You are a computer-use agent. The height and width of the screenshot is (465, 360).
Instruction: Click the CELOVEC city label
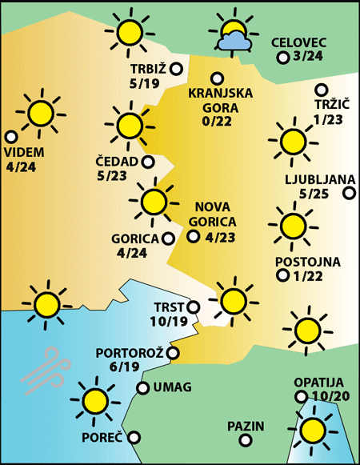299,42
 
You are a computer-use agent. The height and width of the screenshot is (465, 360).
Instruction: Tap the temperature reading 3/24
308,57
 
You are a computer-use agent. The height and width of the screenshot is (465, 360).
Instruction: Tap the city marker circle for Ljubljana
349,193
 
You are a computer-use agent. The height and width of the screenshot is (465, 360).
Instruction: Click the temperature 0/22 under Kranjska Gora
218,121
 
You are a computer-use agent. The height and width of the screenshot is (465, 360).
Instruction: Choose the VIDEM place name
24,153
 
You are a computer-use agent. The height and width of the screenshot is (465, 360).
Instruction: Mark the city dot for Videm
11,136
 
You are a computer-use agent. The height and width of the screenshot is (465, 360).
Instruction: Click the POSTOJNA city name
307,262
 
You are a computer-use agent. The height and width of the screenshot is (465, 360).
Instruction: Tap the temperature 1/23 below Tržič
329,119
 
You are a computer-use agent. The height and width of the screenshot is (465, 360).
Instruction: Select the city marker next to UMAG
142,388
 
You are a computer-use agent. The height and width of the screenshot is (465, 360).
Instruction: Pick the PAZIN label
245,427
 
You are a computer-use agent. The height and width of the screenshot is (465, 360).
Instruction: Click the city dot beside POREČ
134,438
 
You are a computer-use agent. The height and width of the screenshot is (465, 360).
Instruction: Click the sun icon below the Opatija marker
314,431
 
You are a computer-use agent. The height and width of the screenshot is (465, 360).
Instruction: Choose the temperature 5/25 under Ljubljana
314,193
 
